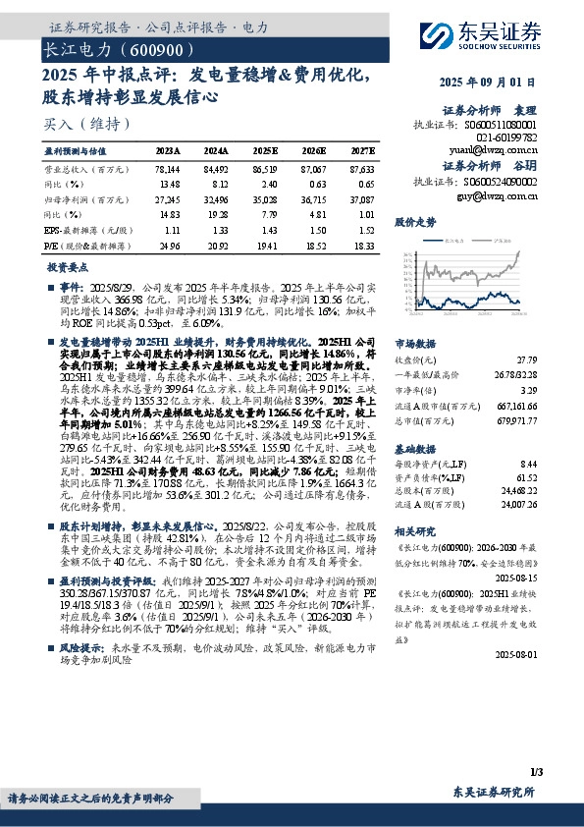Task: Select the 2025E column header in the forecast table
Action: [265, 151]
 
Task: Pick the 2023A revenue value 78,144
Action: [168, 169]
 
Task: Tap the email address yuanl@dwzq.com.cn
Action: [504, 150]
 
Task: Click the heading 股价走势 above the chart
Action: [414, 223]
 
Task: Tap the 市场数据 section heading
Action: [414, 345]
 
